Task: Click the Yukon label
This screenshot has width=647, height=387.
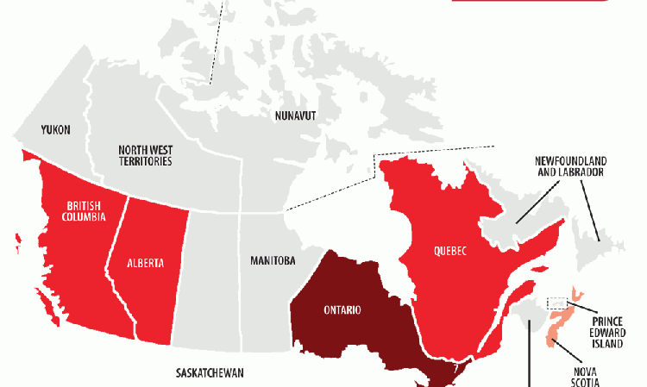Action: point(55,130)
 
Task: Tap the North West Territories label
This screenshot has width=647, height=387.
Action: point(145,155)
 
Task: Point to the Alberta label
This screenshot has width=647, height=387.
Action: point(145,264)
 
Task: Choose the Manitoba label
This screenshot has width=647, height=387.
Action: point(273,260)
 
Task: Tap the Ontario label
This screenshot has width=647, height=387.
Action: point(342,310)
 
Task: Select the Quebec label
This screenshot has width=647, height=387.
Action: point(449,252)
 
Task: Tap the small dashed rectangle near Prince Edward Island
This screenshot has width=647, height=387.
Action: point(557,303)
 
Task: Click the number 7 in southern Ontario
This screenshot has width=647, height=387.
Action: point(454,369)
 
